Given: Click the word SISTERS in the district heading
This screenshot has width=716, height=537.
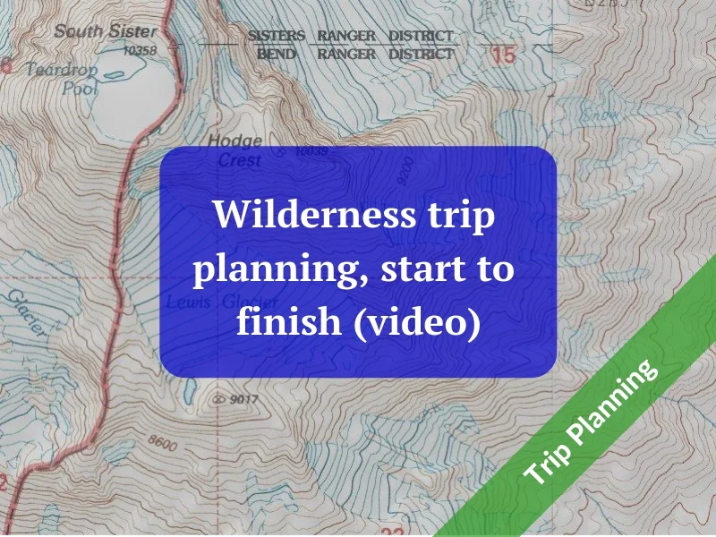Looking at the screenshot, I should [x=277, y=36].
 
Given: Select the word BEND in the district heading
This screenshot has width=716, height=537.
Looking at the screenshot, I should [x=277, y=54].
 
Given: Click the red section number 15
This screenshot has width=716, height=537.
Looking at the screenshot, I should [x=503, y=55].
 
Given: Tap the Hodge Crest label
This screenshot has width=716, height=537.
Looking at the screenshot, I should [x=237, y=150].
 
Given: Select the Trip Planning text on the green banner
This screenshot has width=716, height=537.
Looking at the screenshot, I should [x=592, y=422].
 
